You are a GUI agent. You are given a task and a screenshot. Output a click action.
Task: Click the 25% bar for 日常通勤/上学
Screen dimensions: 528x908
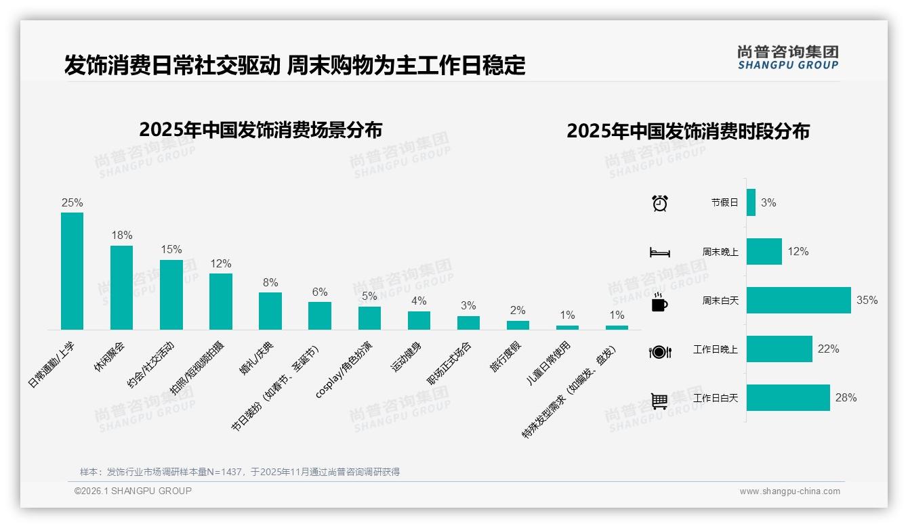[72, 271]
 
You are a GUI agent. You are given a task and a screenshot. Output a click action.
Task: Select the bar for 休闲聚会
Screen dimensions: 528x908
[121, 287]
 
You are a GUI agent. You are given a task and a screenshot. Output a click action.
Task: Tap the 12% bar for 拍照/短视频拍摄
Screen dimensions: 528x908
[220, 301]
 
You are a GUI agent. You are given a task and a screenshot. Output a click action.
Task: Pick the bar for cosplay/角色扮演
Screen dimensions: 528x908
[369, 318]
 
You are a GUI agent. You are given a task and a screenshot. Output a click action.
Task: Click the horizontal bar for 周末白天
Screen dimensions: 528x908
[798, 300]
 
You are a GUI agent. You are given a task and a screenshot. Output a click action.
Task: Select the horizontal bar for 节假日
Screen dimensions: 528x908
[751, 202]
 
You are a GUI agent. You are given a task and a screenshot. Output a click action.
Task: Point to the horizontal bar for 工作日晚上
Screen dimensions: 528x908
[779, 349]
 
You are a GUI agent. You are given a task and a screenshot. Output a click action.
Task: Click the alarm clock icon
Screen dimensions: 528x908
[659, 203]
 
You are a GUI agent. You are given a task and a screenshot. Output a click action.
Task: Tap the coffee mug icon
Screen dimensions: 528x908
[659, 303]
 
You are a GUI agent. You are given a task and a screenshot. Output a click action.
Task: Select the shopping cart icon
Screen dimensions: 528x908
[659, 401]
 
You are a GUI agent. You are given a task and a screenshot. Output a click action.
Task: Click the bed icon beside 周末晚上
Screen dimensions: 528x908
[659, 252]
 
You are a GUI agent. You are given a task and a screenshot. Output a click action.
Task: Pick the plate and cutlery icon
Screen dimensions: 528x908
[659, 351]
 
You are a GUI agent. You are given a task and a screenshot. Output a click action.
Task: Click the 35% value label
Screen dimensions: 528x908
[867, 300]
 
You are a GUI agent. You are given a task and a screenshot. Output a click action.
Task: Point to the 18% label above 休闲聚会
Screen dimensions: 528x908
[121, 236]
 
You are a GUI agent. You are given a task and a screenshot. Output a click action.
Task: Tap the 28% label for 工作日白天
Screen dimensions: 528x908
[846, 398]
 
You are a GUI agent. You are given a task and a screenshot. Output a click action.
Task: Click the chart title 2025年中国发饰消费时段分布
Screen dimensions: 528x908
[688, 131]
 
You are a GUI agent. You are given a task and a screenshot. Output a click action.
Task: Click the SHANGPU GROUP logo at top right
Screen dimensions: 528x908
[787, 58]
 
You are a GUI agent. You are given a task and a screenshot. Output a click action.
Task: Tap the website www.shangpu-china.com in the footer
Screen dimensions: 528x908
[789, 491]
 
